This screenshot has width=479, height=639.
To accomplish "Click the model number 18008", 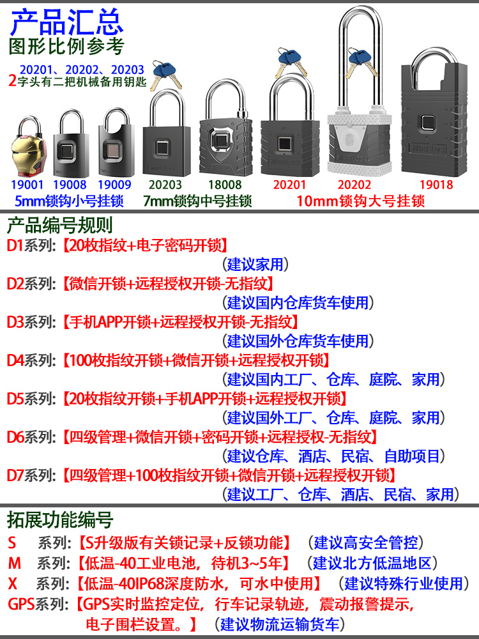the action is pos(226,185).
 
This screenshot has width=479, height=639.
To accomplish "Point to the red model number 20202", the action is pos(353,185).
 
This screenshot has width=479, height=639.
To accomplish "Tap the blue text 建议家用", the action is pos(255,264).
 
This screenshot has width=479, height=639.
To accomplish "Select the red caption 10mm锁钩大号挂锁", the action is pos(361,201).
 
